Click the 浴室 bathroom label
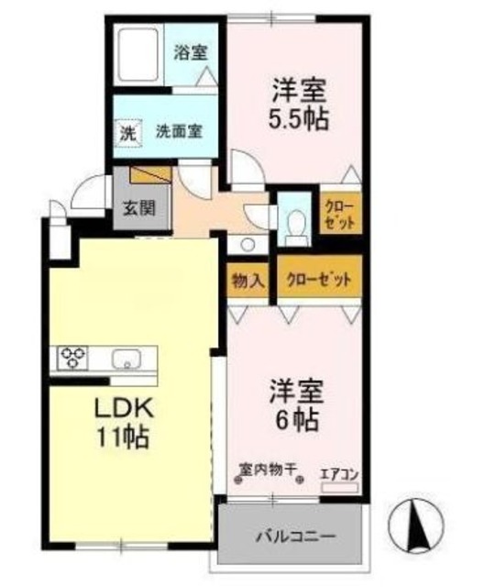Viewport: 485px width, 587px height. coord(191,53)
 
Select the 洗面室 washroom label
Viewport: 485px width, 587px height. coord(179,131)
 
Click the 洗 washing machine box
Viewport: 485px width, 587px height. coord(129,132)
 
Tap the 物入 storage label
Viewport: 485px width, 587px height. coord(248,279)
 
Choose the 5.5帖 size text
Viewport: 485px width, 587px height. coord(300,119)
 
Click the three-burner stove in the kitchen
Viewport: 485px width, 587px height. coord(75,357)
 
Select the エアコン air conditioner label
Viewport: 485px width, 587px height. coord(338,473)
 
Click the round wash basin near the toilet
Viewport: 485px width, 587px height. coord(247,244)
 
